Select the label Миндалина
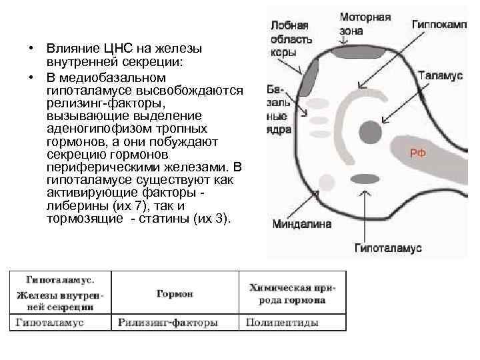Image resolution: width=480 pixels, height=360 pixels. (301, 224)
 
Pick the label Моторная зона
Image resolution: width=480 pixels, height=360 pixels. (365, 23)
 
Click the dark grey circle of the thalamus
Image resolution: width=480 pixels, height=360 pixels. (369, 130)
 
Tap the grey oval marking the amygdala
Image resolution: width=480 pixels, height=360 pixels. (363, 178)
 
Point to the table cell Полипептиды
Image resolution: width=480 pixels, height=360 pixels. (282, 323)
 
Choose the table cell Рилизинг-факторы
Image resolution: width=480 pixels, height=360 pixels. (167, 323)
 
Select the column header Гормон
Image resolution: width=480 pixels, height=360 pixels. (175, 293)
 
